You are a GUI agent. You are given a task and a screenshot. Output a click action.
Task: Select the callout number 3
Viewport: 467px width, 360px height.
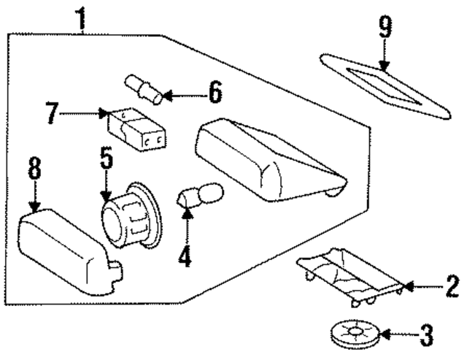[x=426, y=336]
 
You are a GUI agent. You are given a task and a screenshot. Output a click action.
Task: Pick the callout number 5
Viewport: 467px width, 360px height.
[x=107, y=158]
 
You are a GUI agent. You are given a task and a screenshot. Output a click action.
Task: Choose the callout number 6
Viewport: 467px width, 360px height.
[x=214, y=93]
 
